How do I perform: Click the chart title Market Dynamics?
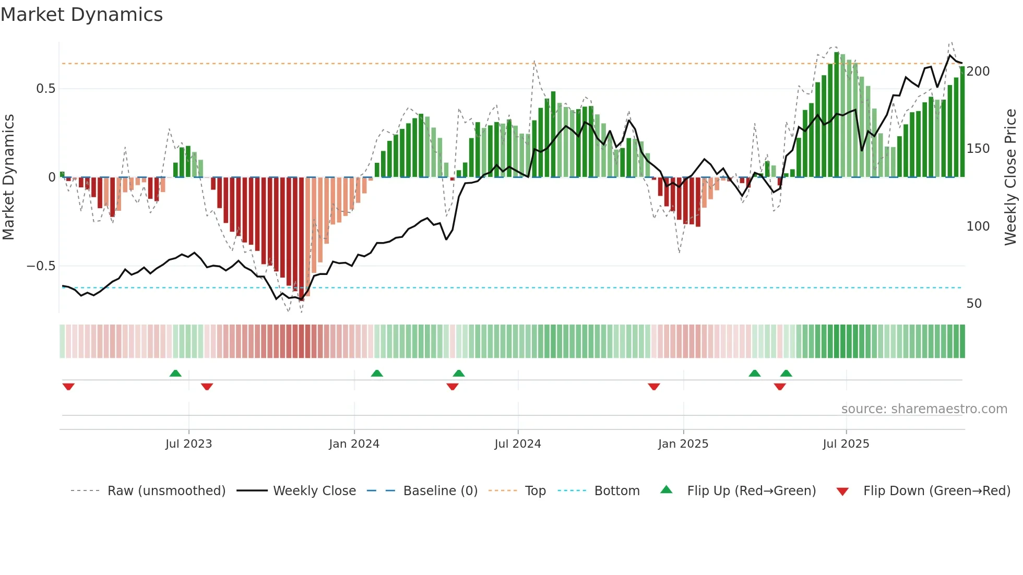(81, 15)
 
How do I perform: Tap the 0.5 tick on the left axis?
(45, 89)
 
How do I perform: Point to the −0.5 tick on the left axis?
(41, 266)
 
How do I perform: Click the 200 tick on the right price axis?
(978, 71)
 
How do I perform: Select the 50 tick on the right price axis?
(974, 304)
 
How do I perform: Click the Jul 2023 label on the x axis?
(188, 444)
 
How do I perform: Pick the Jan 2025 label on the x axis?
(683, 444)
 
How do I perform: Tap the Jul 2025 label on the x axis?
(846, 444)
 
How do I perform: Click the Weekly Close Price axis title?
(1010, 177)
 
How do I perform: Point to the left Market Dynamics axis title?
(8, 177)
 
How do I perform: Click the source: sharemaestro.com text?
(924, 409)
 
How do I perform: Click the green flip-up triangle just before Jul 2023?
(175, 373)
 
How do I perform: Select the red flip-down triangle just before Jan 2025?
(654, 387)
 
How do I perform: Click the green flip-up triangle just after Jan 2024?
(377, 373)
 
